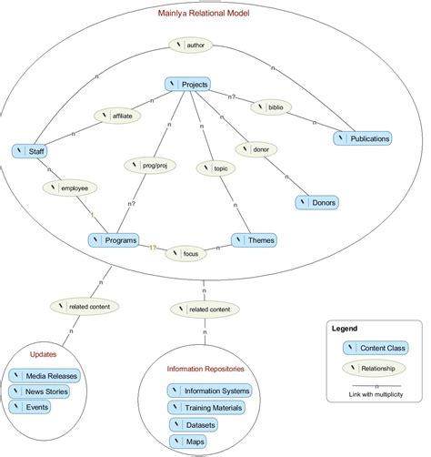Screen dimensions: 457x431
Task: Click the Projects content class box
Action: (x=189, y=85)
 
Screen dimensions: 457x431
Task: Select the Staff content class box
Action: (x=31, y=150)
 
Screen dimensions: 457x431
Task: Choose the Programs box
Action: (x=114, y=240)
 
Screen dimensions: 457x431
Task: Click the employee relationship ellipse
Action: (x=70, y=187)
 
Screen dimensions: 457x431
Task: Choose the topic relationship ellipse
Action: (x=216, y=168)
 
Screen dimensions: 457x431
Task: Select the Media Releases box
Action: (x=45, y=375)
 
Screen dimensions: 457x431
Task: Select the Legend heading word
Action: (x=345, y=329)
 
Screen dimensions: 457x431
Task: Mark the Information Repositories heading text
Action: (x=208, y=369)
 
